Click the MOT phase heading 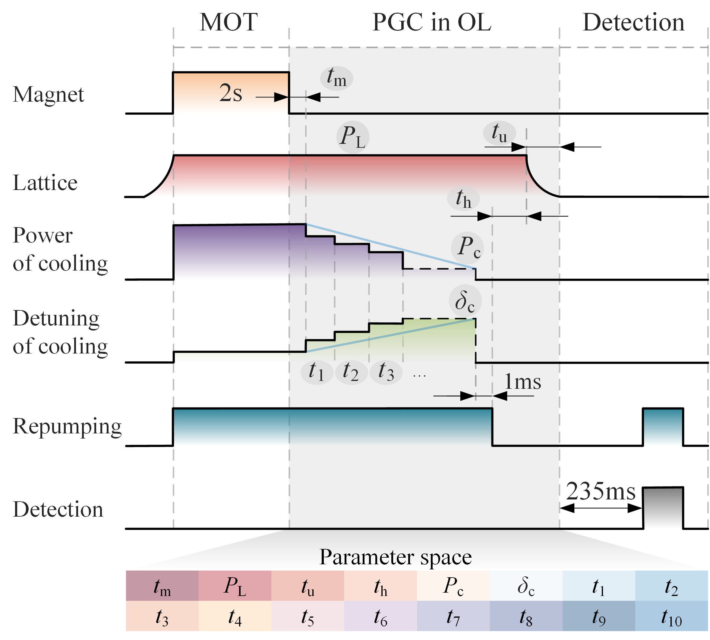229,22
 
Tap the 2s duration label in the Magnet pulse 231,93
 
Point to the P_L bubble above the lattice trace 352,137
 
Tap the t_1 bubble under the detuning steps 317,372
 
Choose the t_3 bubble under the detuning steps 386,372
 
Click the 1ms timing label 522,382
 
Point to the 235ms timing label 601,491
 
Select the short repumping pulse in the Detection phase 663,426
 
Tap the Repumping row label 67,426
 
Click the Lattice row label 45,183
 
